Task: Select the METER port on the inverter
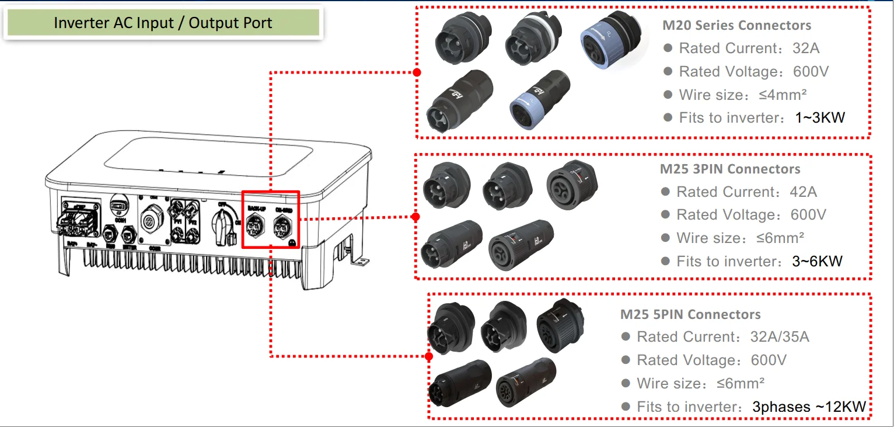click(129, 235)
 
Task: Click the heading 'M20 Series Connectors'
click(736, 26)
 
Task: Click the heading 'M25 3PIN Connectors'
click(730, 169)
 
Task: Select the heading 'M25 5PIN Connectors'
click(690, 314)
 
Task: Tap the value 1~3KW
click(819, 118)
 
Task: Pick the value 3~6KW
click(817, 261)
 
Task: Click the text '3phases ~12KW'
click(809, 407)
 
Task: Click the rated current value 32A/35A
click(780, 337)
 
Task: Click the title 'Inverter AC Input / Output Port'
click(163, 23)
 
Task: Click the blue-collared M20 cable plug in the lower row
click(531, 102)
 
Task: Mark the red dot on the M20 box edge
click(417, 72)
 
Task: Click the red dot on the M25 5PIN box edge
click(429, 356)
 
